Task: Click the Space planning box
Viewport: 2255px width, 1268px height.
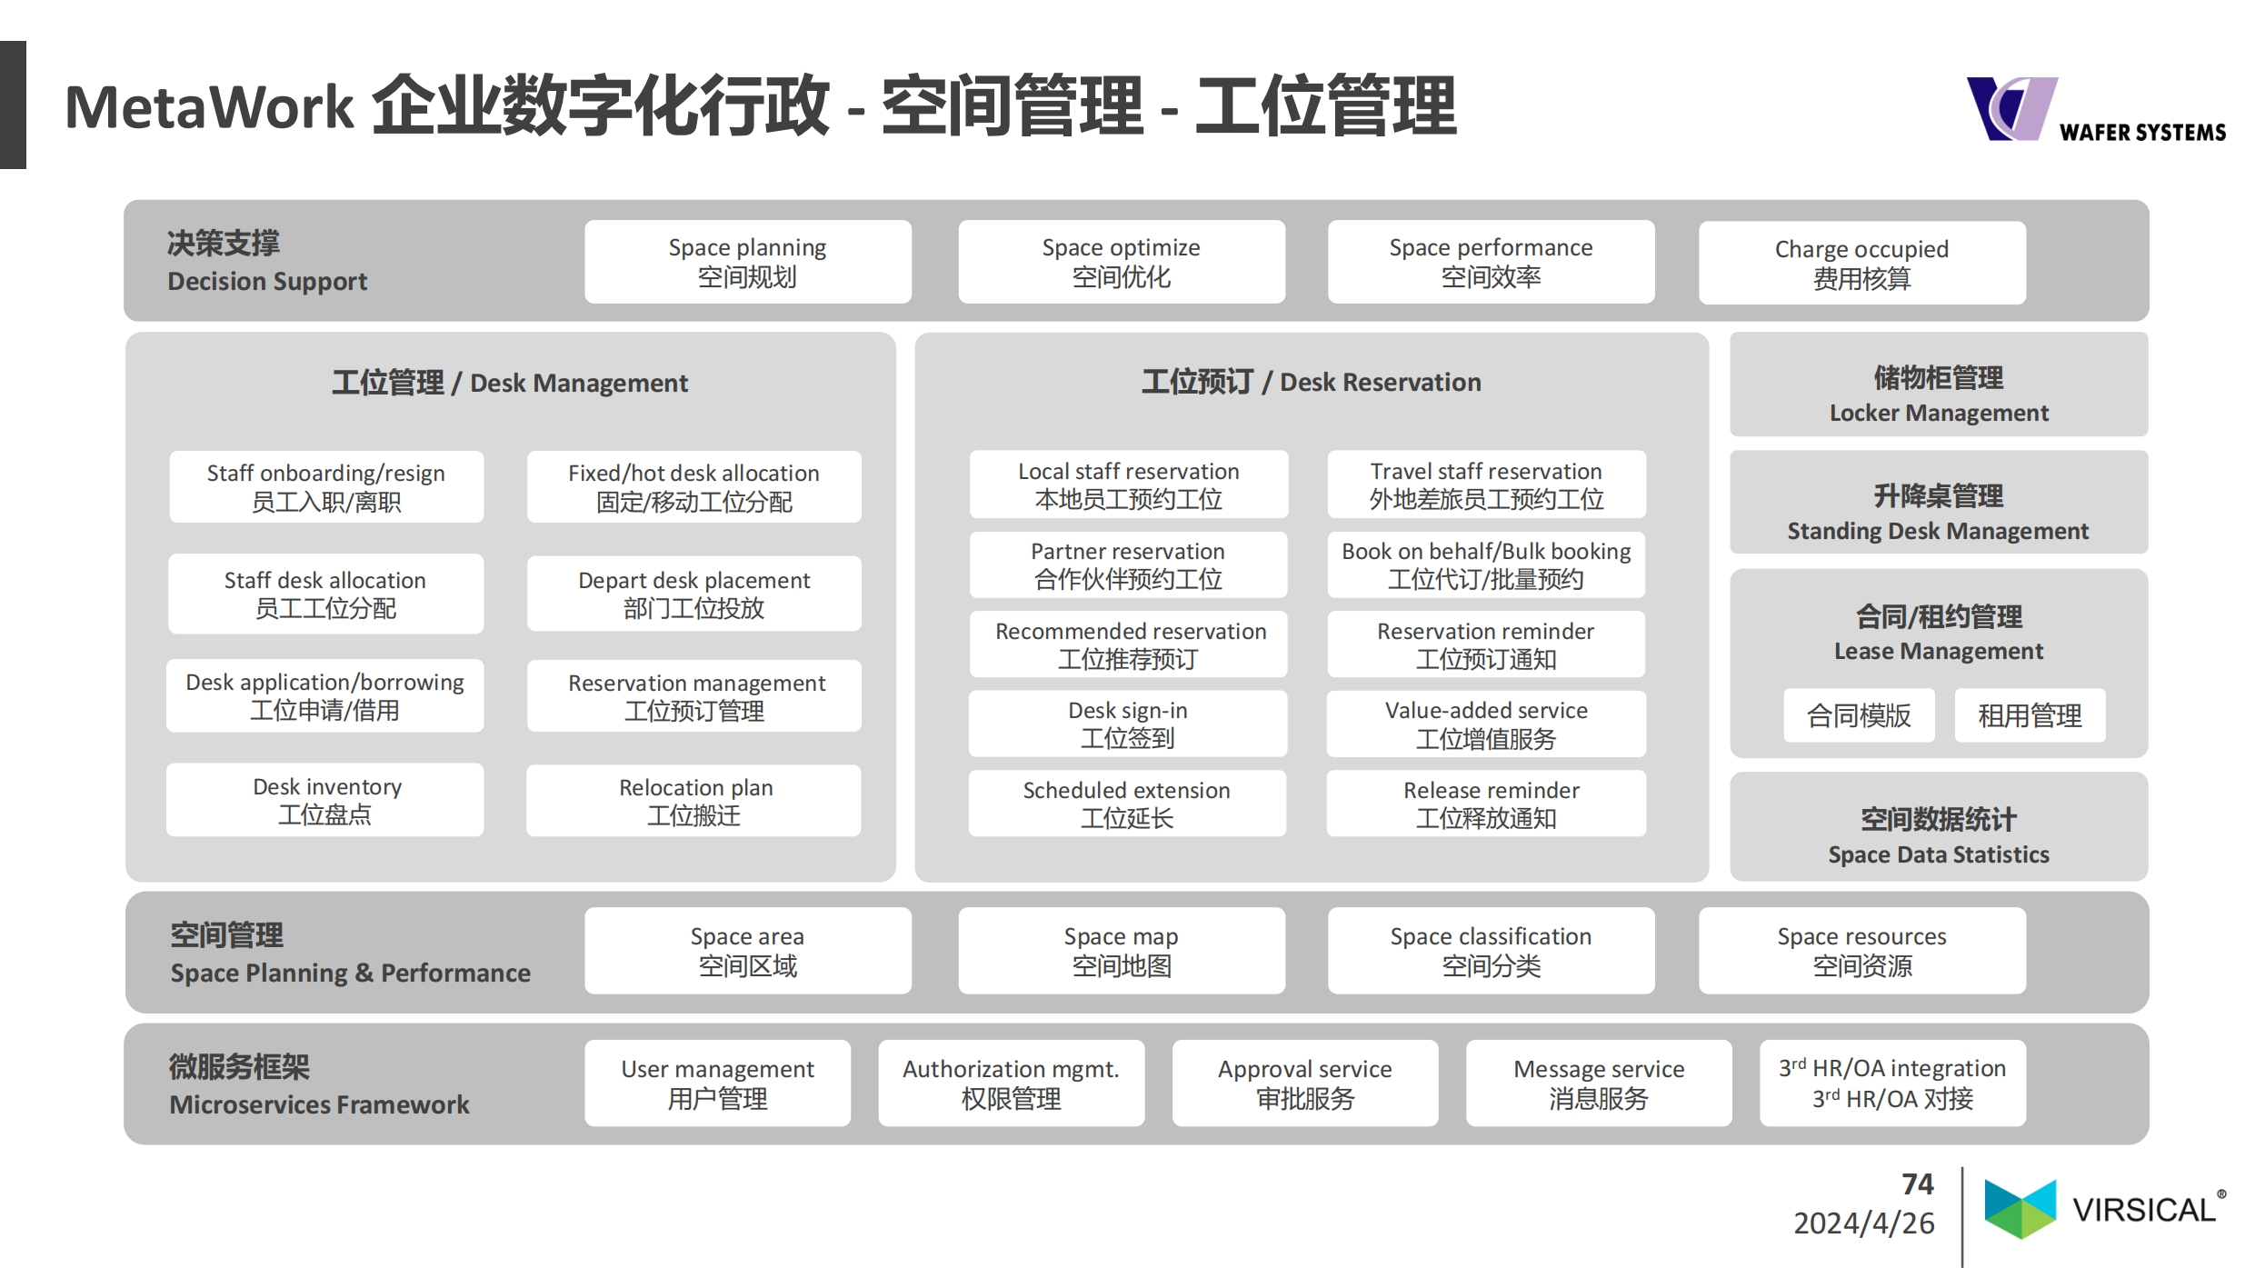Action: pyautogui.click(x=747, y=262)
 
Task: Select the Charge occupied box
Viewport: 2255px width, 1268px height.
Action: pyautogui.click(x=1861, y=263)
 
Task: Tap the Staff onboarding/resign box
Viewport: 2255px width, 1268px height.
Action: pyautogui.click(x=326, y=486)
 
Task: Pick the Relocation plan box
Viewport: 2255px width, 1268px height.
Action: pyautogui.click(x=693, y=800)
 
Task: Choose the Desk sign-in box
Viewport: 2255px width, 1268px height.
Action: pyautogui.click(x=1127, y=724)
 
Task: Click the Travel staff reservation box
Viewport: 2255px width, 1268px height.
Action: pyautogui.click(x=1486, y=484)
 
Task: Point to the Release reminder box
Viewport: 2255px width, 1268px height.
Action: pyautogui.click(x=1486, y=804)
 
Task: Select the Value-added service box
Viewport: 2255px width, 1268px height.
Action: pyautogui.click(x=1486, y=724)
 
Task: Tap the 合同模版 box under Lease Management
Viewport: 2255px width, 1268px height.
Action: pyautogui.click(x=1859, y=715)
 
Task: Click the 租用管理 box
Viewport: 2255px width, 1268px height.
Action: pyautogui.click(x=2030, y=715)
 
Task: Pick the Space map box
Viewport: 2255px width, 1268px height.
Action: pyautogui.click(x=1122, y=951)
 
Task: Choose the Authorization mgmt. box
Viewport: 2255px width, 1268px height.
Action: pyautogui.click(x=1012, y=1083)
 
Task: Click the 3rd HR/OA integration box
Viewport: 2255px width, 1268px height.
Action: pyautogui.click(x=1892, y=1083)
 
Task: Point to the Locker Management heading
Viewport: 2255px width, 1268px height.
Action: pyautogui.click(x=1939, y=394)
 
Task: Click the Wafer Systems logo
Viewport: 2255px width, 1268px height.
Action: pyautogui.click(x=2096, y=109)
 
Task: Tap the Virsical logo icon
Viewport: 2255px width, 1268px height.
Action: pyautogui.click(x=2020, y=1209)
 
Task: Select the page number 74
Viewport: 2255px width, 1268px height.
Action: pyautogui.click(x=1918, y=1183)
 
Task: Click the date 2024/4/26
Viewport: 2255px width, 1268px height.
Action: pyautogui.click(x=1864, y=1223)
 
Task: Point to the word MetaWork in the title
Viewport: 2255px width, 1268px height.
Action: pyautogui.click(x=209, y=107)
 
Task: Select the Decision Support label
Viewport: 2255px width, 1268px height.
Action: pyautogui.click(x=267, y=281)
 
